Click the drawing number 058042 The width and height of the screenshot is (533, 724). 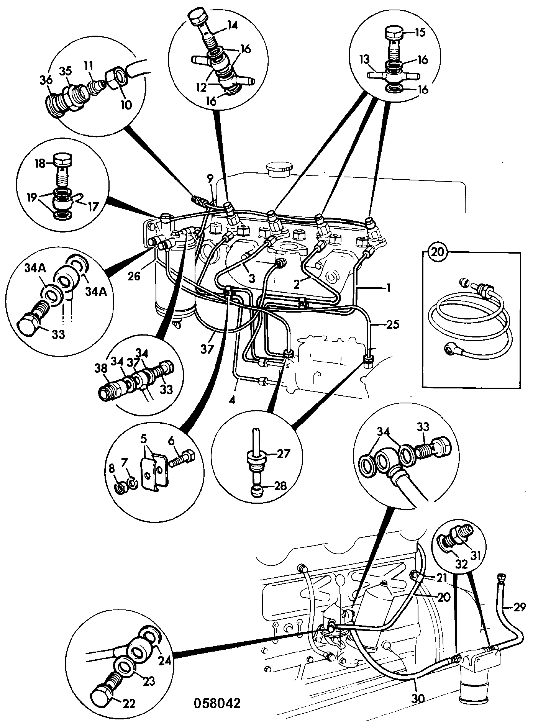click(217, 704)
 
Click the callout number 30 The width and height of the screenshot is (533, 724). click(418, 699)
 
